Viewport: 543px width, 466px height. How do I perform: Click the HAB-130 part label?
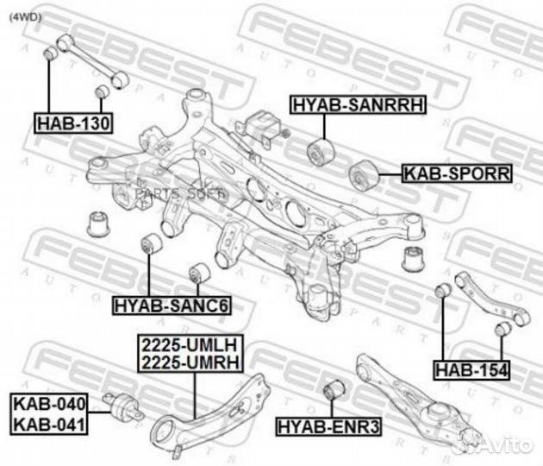pyautogui.click(x=73, y=123)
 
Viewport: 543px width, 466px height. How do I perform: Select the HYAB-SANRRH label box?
pyautogui.click(x=358, y=104)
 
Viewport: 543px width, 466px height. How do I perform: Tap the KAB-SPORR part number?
pyautogui.click(x=457, y=173)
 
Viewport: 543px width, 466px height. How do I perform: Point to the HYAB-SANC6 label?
pyautogui.click(x=172, y=305)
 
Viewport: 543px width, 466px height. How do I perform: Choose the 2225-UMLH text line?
pyautogui.click(x=190, y=345)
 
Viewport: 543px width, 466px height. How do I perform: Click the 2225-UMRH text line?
pyautogui.click(x=190, y=362)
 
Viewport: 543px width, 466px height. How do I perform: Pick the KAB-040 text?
pyautogui.click(x=49, y=404)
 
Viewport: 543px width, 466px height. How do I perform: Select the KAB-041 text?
pyautogui.click(x=49, y=425)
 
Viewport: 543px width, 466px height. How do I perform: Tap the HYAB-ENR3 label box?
pyautogui.click(x=329, y=427)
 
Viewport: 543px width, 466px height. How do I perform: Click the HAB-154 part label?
pyautogui.click(x=471, y=370)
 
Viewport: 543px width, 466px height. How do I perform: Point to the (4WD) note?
pyautogui.click(x=25, y=17)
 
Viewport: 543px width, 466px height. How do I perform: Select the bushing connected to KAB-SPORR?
pyautogui.click(x=365, y=176)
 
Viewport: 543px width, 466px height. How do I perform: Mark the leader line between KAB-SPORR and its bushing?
pyautogui.click(x=391, y=174)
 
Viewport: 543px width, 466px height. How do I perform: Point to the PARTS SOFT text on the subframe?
pyautogui.click(x=181, y=193)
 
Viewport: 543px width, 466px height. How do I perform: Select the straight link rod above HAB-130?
pyautogui.click(x=93, y=61)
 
